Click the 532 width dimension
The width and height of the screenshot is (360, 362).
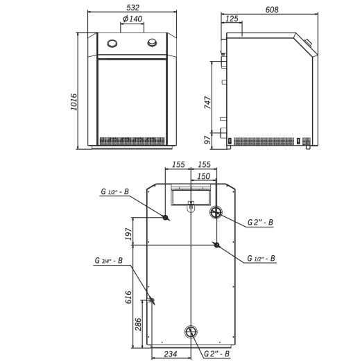point(133,8)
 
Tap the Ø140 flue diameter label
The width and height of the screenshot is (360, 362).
point(132,19)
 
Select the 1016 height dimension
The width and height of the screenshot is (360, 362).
point(74,102)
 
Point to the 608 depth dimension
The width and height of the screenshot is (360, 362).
point(272,10)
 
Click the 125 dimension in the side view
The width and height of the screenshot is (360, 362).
point(232,19)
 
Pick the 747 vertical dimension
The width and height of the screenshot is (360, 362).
point(207,103)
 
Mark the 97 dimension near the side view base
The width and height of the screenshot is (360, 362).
point(207,140)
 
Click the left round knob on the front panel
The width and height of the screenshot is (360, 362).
point(112,43)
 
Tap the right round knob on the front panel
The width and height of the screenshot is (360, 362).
point(153,43)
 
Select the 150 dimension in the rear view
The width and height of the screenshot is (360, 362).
point(203,176)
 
